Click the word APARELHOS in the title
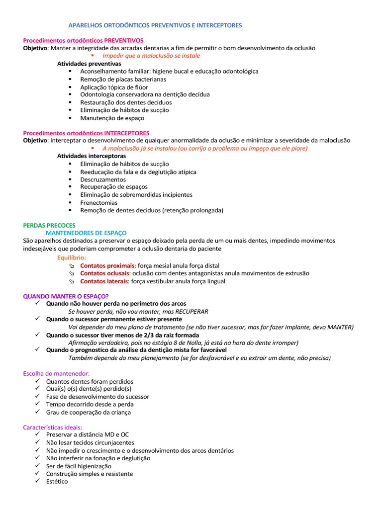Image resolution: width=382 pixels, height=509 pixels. point(84,25)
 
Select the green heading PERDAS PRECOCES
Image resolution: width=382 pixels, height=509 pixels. point(49,225)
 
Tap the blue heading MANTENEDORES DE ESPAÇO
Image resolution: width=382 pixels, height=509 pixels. point(86,233)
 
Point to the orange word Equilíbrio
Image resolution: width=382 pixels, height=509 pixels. point(72,257)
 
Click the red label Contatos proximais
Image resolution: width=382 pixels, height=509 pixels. point(108,265)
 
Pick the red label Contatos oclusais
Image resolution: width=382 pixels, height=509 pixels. point(105,273)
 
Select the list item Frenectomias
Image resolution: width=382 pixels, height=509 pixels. point(99,203)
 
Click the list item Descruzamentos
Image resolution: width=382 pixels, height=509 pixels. point(103,179)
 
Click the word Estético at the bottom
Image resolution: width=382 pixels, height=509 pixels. point(57,482)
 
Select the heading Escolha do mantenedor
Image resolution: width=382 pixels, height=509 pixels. point(57,373)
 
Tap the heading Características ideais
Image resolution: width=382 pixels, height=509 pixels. point(53,427)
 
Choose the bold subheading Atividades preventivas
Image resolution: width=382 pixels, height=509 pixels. point(89,64)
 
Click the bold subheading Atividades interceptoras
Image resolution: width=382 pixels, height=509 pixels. point(92,156)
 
